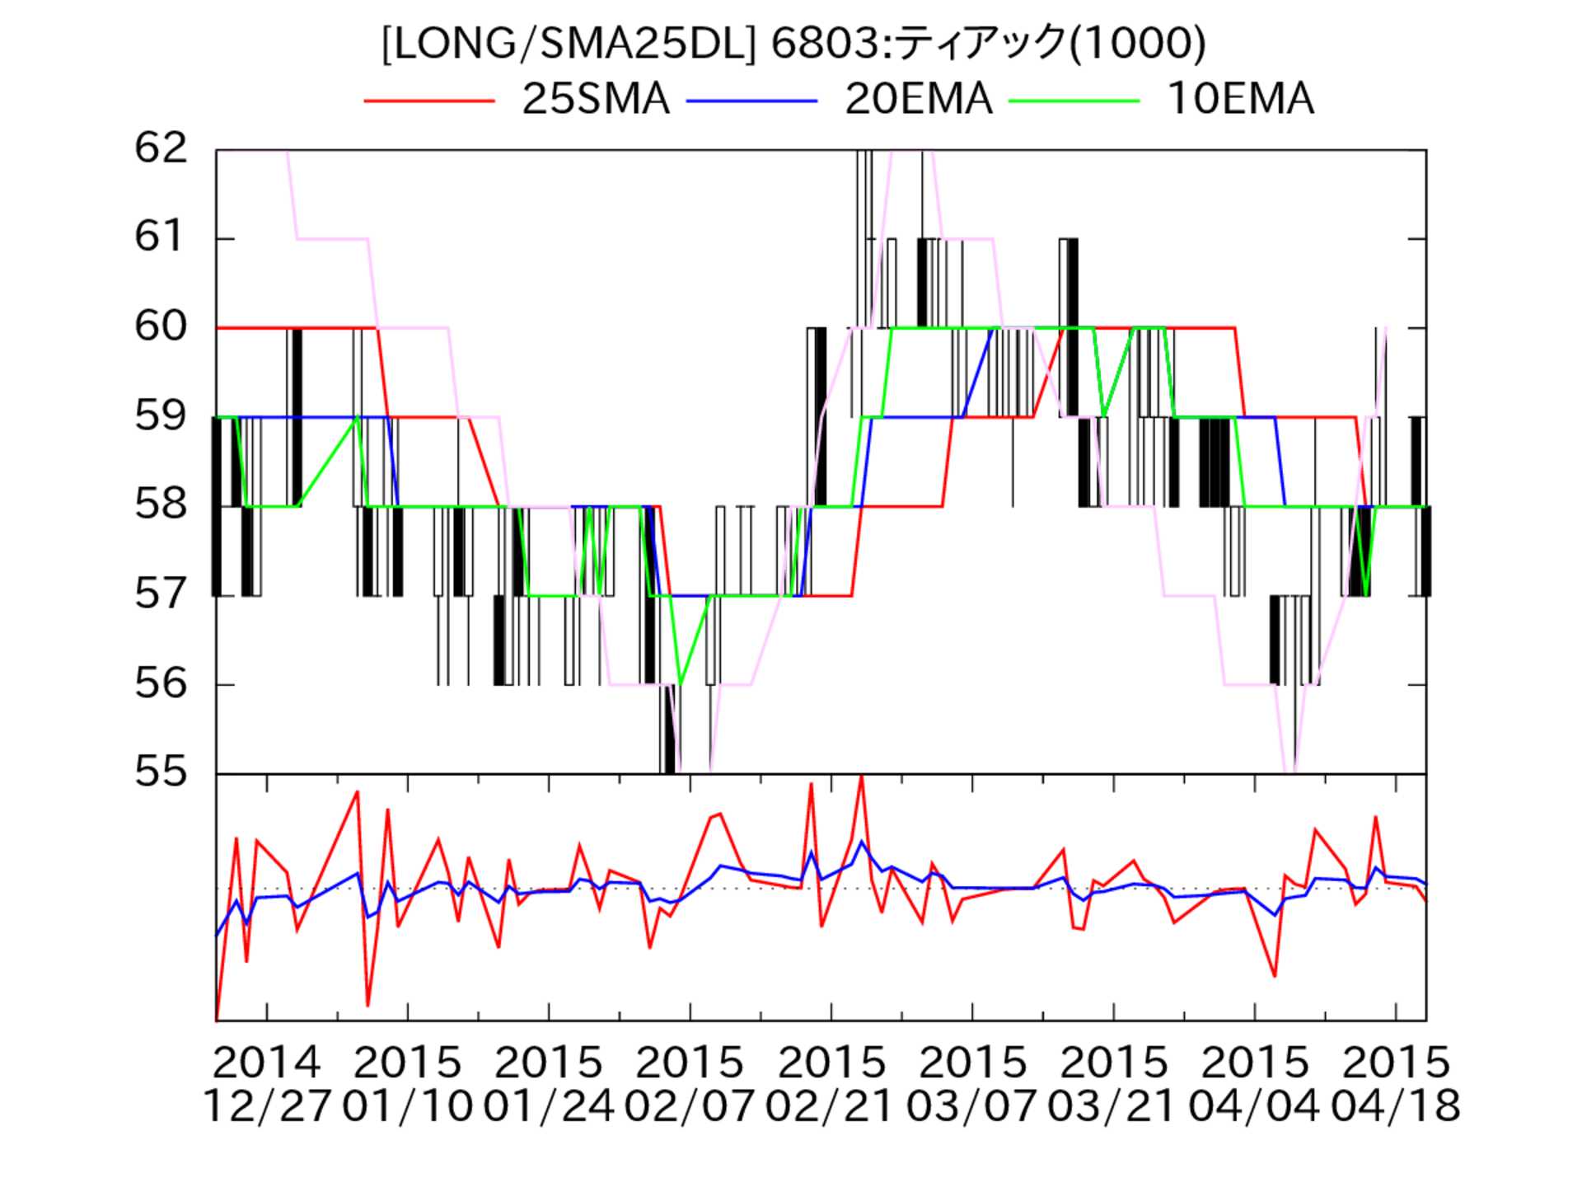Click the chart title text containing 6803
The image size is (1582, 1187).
[793, 43]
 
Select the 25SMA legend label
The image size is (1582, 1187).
[595, 100]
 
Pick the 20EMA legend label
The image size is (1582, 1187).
[918, 100]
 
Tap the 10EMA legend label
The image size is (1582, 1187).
[1240, 100]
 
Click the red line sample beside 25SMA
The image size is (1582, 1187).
[428, 101]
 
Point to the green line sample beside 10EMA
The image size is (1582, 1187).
[1074, 101]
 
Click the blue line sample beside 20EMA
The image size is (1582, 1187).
[751, 101]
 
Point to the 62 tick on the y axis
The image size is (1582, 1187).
[161, 149]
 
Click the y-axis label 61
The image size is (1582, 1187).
[161, 238]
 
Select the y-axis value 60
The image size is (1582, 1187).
[161, 327]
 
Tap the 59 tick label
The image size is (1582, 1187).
[161, 416]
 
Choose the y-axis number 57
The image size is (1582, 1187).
[161, 594]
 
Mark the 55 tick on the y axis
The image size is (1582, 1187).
[161, 772]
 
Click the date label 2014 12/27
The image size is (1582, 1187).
[266, 1084]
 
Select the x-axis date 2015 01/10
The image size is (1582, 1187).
[407, 1084]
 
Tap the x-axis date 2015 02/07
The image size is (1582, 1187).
[690, 1084]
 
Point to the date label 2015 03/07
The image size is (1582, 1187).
[972, 1084]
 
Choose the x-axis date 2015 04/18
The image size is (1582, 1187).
[1396, 1084]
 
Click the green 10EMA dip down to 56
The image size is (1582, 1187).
[680, 683]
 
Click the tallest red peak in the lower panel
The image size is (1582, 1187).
[861, 776]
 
